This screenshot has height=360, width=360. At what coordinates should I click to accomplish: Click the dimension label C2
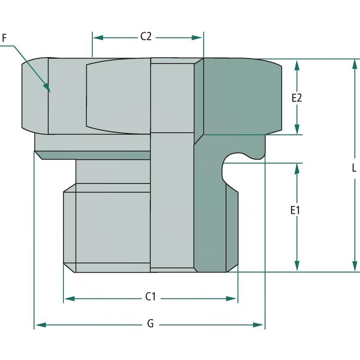pos(145,37)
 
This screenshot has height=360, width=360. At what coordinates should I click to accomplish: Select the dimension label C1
pos(150,297)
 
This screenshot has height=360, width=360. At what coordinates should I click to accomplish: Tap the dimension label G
pos(150,324)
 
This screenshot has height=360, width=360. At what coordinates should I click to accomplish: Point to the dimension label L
pos(354,168)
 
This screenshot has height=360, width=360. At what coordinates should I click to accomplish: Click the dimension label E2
pos(296,98)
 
